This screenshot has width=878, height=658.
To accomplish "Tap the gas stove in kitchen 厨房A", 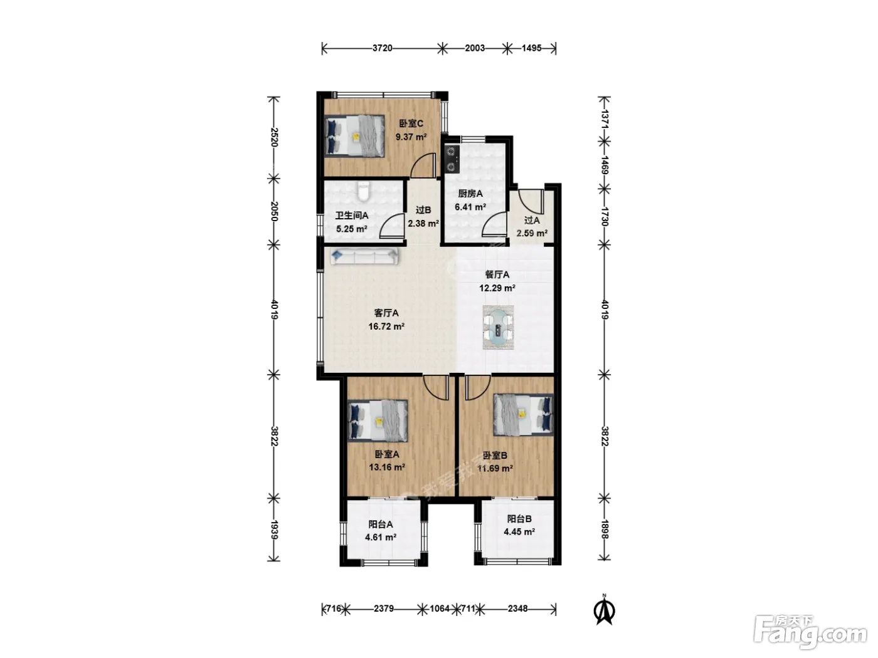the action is [x=452, y=159].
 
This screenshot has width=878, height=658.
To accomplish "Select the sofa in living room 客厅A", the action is [x=364, y=256].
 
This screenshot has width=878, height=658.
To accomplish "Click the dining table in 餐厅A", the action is [x=498, y=327].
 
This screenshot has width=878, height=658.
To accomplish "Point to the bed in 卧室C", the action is [x=354, y=136].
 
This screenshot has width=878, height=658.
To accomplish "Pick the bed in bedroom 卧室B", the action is [x=523, y=415].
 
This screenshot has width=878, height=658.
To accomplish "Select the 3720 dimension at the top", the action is [x=382, y=48].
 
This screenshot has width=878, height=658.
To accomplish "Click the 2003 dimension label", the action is [x=475, y=48].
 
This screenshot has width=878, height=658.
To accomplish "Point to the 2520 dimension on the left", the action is [x=274, y=137].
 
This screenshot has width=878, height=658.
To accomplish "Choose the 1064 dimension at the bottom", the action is [x=440, y=609].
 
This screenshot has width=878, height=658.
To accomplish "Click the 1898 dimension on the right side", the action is [x=605, y=529].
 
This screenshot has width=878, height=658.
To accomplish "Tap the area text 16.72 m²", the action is [x=386, y=326].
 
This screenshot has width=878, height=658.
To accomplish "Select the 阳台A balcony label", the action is [x=381, y=524].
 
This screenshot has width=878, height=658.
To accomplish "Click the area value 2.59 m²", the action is [x=532, y=233].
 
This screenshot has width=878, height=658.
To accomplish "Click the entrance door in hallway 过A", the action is [x=531, y=202].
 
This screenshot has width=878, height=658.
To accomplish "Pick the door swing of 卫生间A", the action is [x=391, y=226].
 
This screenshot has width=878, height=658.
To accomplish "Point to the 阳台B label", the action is [x=519, y=519].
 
